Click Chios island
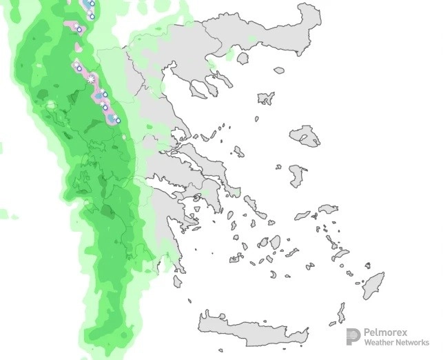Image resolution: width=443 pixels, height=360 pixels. pos(298,175)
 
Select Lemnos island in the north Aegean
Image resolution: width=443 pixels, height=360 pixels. pos(266,99)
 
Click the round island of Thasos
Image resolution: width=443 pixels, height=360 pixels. pos(243,58)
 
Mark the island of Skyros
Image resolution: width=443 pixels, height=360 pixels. pos(239,152)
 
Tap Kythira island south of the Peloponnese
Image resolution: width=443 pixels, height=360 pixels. pos(178,281)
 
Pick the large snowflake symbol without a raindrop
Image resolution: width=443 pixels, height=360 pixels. pos(91,80)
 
